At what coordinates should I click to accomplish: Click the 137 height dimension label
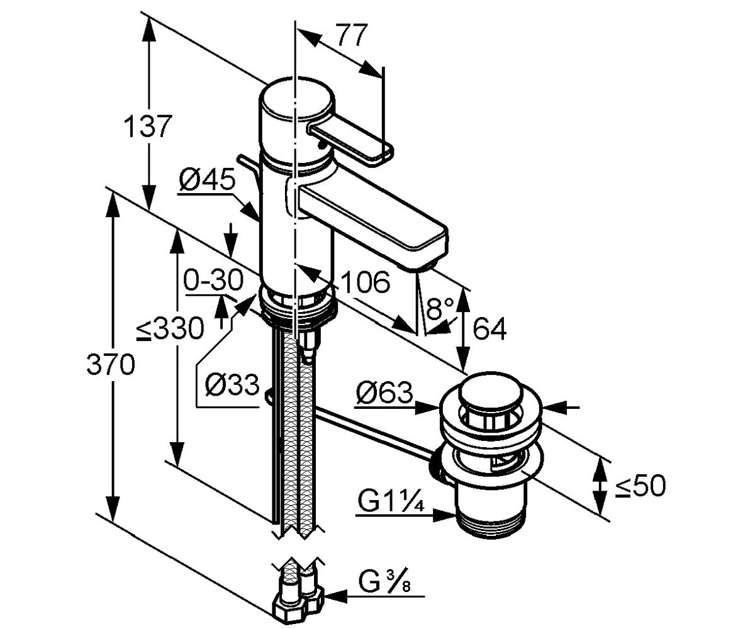[x=146, y=126]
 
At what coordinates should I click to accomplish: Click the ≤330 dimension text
[x=171, y=328]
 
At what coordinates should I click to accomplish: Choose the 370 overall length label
[x=111, y=364]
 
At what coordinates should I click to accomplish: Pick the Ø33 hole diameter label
[x=232, y=384]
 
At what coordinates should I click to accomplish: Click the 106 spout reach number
[x=366, y=282]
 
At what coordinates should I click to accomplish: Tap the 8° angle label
[x=439, y=308]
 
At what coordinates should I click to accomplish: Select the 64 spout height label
[x=489, y=328]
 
